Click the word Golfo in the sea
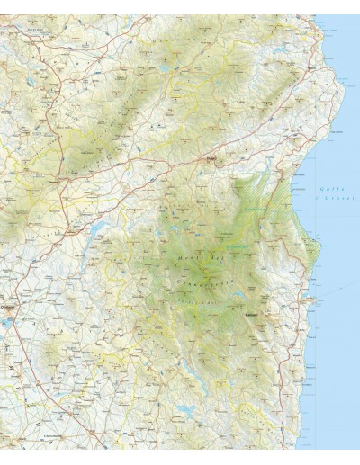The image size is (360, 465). pyautogui.click(x=327, y=187)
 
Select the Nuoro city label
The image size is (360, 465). pyautogui.click(x=212, y=160)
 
